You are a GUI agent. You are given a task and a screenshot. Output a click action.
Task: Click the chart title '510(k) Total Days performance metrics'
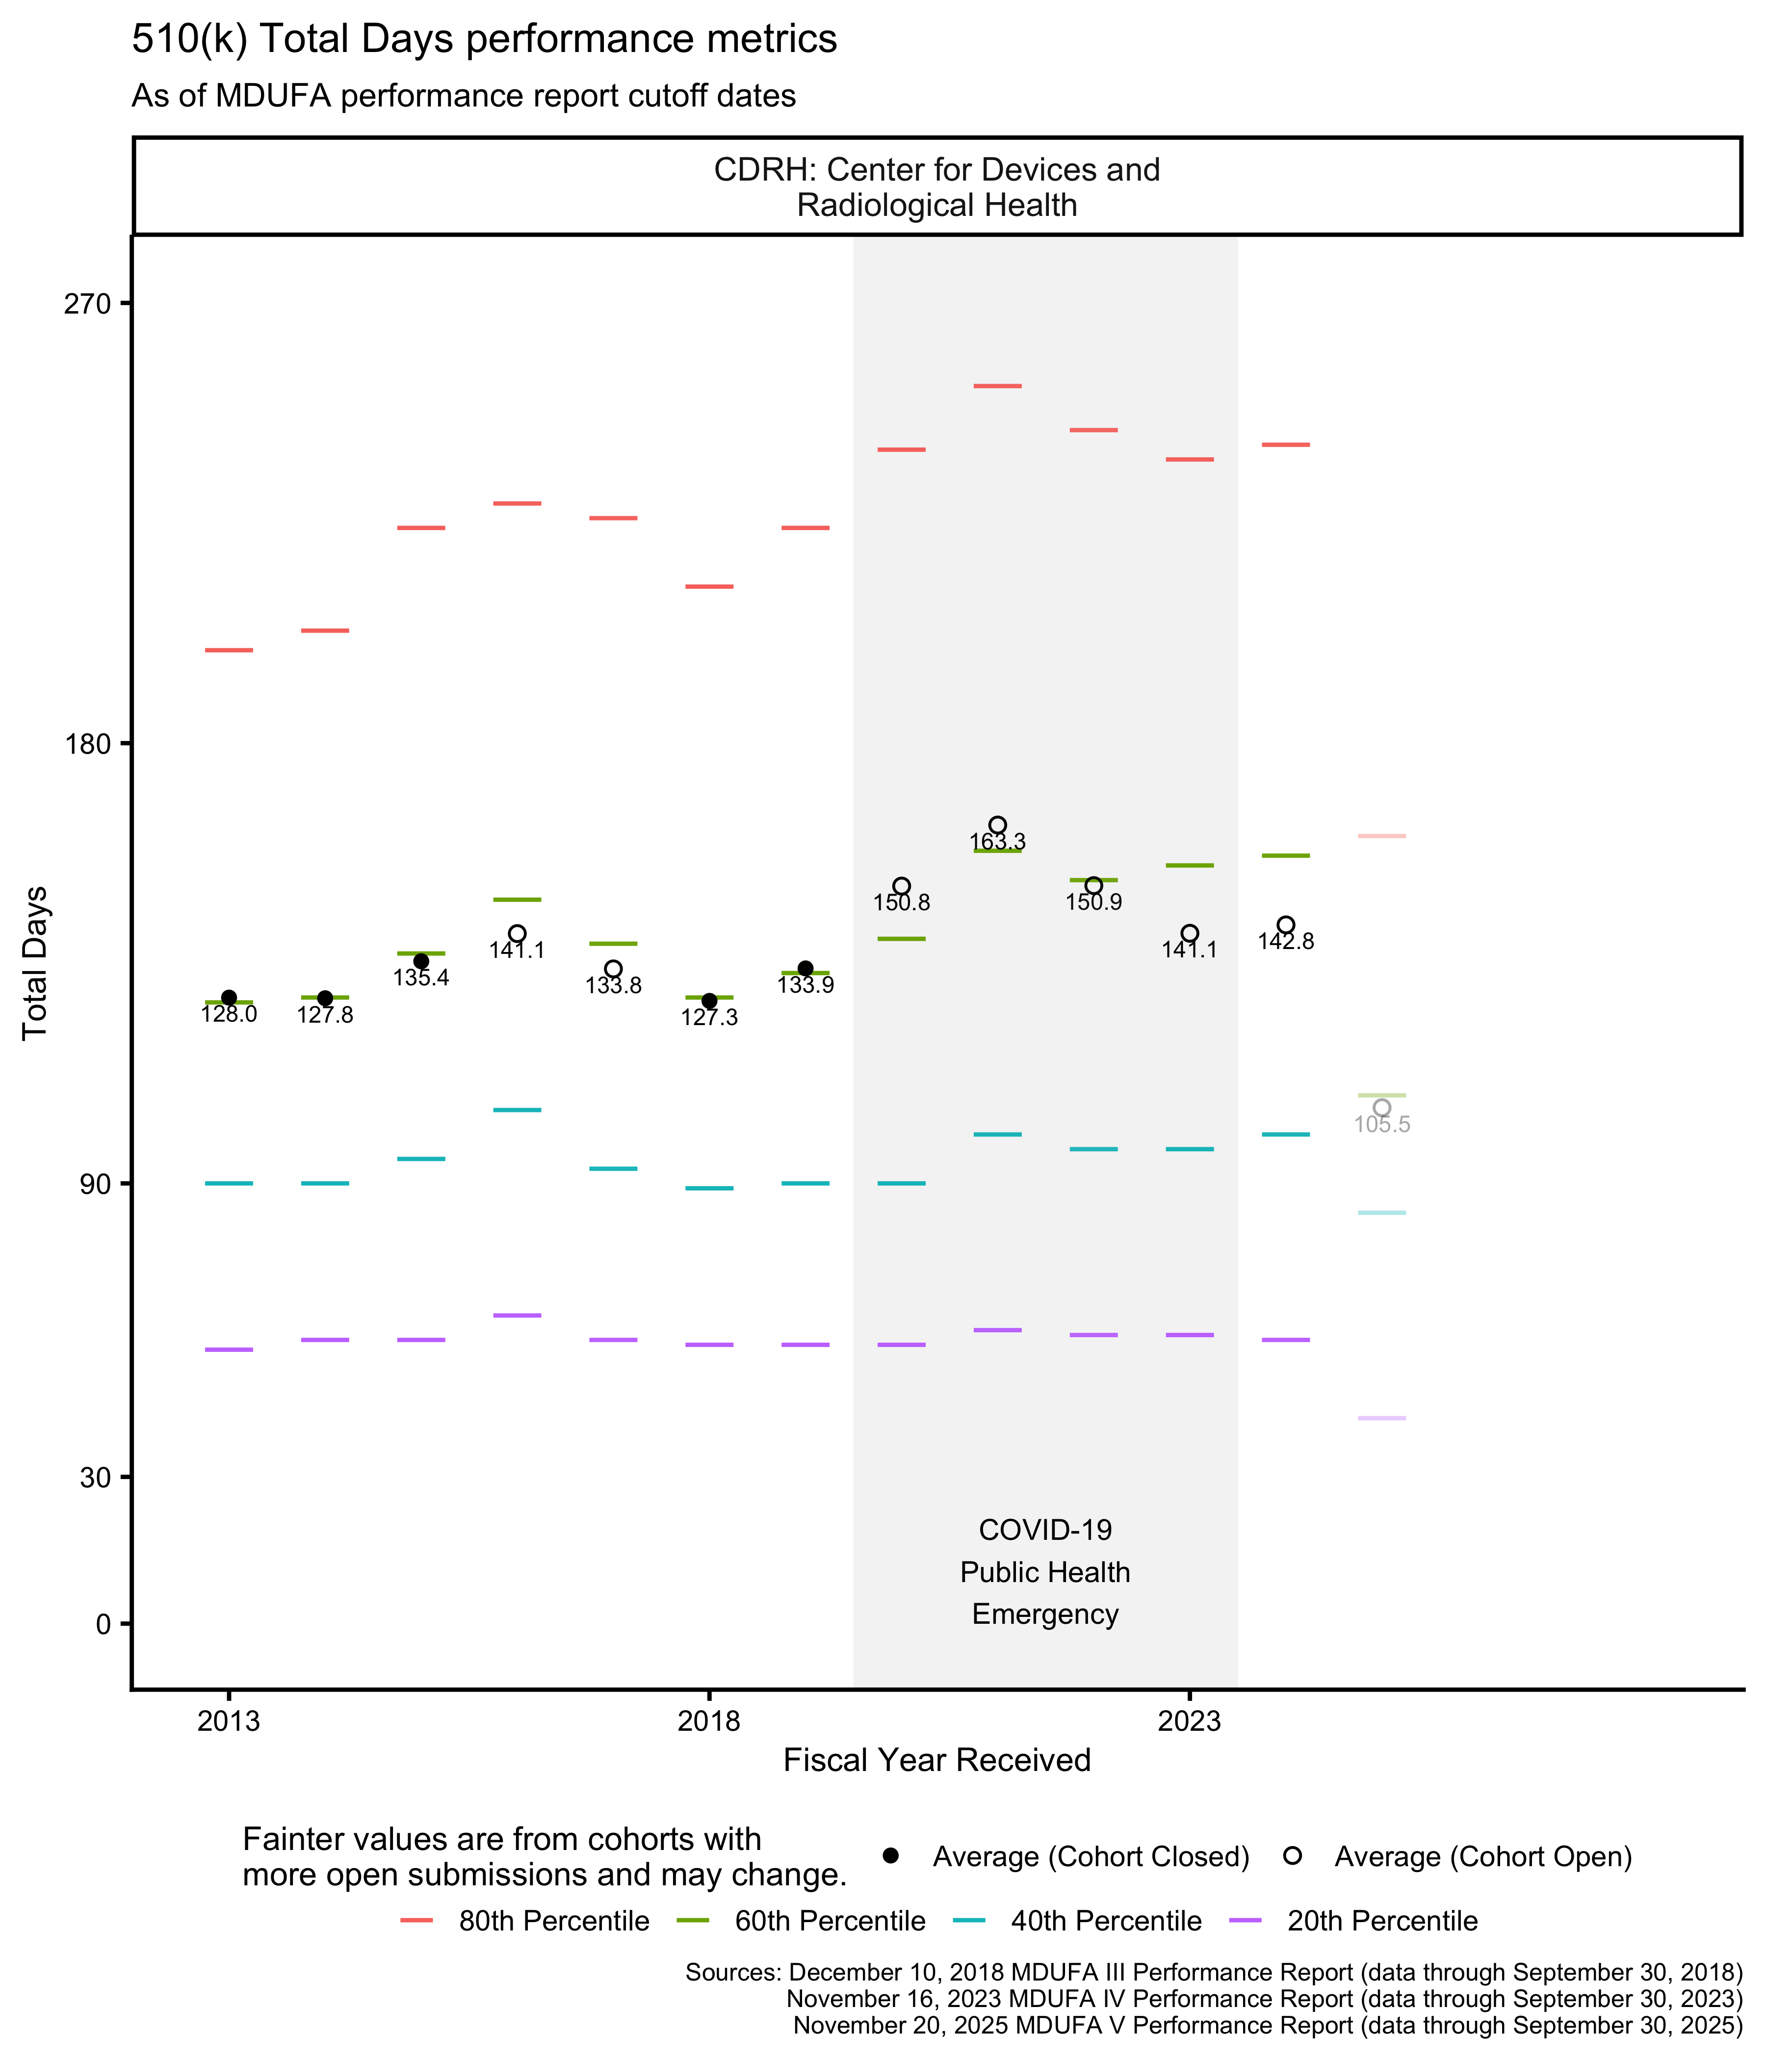[x=484, y=40]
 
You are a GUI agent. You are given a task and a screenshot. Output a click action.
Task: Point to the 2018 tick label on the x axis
[x=709, y=1721]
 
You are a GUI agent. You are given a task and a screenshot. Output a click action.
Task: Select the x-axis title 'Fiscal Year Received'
[x=936, y=1760]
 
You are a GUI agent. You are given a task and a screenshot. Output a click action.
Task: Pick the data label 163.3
[x=997, y=843]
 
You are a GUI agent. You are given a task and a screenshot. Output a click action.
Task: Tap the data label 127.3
[x=709, y=1018]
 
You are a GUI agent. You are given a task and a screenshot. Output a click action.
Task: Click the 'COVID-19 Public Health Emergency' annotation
[x=1045, y=1573]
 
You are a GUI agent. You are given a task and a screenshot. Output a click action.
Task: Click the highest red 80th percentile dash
[x=997, y=386]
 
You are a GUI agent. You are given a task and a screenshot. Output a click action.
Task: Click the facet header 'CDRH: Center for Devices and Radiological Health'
[x=936, y=187]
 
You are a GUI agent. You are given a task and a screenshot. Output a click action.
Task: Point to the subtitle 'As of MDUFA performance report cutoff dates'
[x=464, y=97]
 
